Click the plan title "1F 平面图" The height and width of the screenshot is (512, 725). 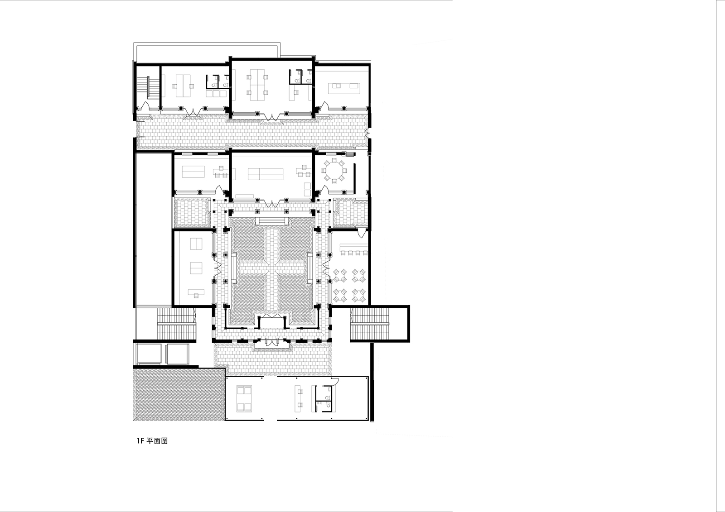point(152,441)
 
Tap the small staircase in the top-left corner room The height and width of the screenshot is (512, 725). point(148,87)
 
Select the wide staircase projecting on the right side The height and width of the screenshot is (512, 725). point(370,324)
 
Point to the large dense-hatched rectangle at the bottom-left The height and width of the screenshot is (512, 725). point(179,395)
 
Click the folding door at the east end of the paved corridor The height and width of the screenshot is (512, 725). point(367,133)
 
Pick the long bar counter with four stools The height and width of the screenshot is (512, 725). point(353,249)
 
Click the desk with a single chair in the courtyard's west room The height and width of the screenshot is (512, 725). point(197,293)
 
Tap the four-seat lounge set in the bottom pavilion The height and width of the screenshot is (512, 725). point(244,398)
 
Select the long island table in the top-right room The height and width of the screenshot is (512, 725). point(344,88)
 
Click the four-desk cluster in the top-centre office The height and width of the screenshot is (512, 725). point(257,85)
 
